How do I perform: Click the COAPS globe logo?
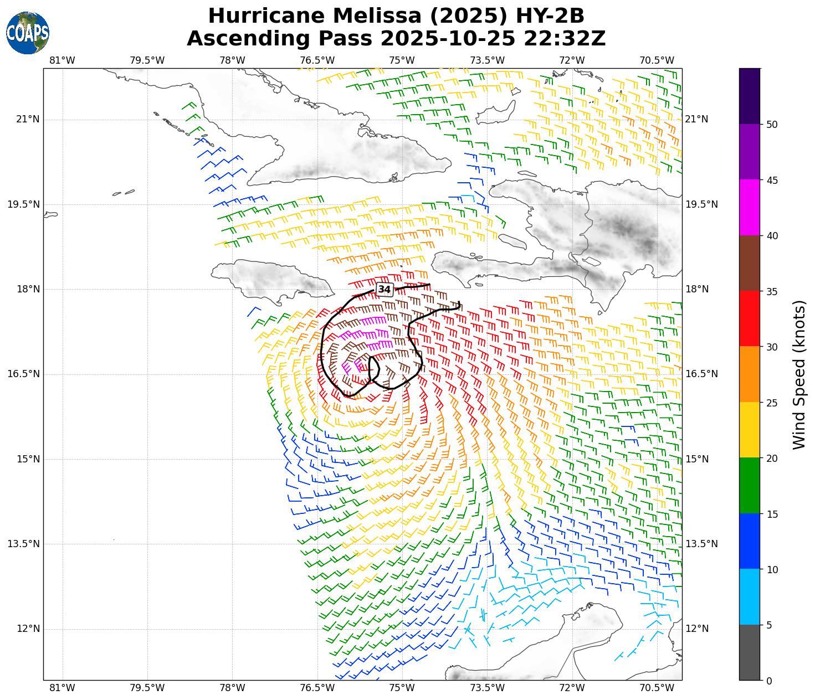pos(28,33)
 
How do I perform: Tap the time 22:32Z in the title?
pos(573,39)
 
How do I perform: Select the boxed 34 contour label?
pos(385,289)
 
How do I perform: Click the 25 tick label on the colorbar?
pos(768,403)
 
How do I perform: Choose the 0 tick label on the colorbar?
pos(768,681)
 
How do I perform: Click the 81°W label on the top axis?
pos(62,60)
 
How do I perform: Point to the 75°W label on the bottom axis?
pos(402,688)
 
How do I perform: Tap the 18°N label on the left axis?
pos(25,289)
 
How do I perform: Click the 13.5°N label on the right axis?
pos(701,544)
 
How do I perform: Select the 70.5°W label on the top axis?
pos(657,60)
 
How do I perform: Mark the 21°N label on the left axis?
pos(25,119)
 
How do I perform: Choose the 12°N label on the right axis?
pos(697,629)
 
